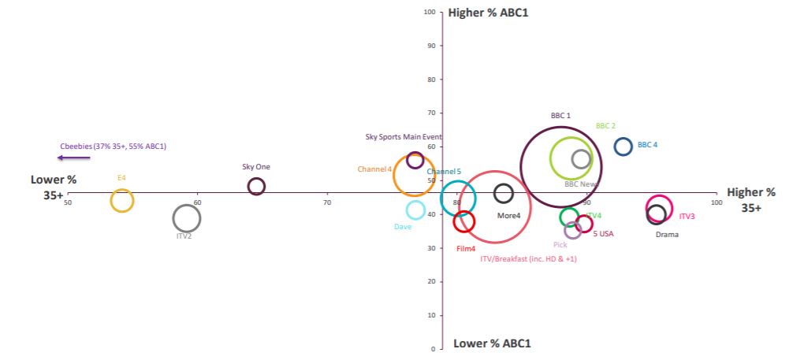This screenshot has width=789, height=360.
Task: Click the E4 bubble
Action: coord(121,200)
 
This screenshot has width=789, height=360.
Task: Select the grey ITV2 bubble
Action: coord(186,219)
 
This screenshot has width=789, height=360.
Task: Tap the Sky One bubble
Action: coord(256,187)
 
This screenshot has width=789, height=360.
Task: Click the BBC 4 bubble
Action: coord(623,146)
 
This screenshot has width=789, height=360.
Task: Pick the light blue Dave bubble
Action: coord(415,210)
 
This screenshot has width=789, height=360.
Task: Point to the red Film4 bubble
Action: coord(464,221)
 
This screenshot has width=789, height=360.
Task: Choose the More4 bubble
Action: coord(504,193)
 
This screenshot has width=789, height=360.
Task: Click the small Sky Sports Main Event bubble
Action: coord(415,160)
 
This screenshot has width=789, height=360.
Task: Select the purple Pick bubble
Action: coord(573,230)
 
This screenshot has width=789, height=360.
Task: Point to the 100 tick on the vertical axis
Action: coord(430,12)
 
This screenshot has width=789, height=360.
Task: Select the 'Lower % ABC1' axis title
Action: coord(492,343)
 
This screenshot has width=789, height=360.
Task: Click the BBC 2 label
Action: coord(605,126)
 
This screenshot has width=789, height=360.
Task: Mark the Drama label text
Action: coord(667,234)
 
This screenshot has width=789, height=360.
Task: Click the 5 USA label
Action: coord(603,233)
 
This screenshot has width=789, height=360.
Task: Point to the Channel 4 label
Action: coord(374,169)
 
